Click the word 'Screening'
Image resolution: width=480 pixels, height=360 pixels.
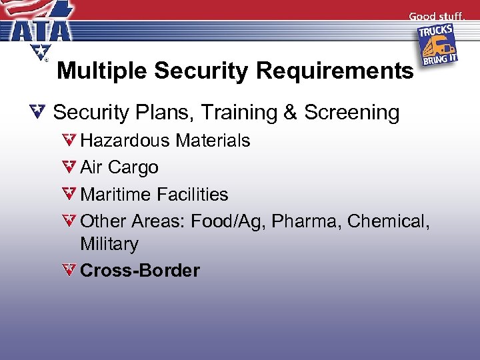pos(351,113)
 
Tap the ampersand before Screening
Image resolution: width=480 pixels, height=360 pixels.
pos(290,113)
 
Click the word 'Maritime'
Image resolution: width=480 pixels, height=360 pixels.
pos(115,195)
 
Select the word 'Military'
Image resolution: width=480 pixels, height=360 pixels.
pos(109,244)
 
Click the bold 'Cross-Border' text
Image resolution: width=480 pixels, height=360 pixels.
pos(139,271)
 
